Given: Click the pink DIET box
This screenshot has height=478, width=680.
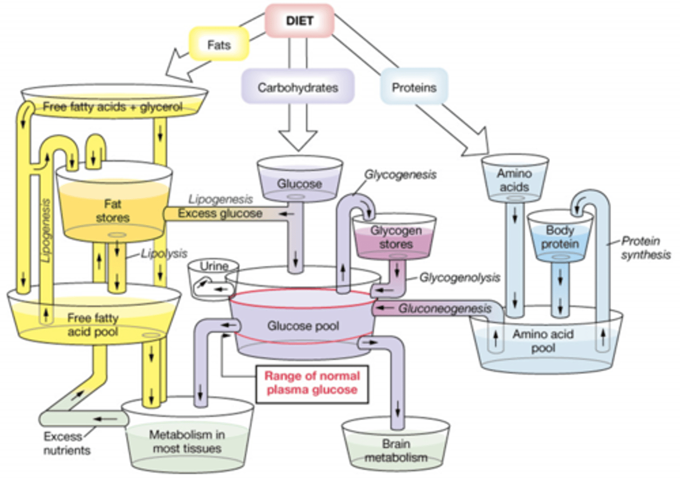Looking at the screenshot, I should coord(299,21).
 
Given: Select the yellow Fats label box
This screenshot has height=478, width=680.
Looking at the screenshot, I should coord(219,45).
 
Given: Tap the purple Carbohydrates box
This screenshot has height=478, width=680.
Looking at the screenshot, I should coord(298,87).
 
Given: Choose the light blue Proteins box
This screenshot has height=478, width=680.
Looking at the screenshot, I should coord(414,87).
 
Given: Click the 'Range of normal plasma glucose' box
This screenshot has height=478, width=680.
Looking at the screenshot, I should coord(312,383).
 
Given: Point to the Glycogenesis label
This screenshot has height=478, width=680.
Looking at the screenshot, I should coord(400,175).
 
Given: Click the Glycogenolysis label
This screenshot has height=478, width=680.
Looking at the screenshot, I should coord(459,277).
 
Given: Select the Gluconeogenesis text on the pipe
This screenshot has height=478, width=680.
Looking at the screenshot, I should coord(444,309).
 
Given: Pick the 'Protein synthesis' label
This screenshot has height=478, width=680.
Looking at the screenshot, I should coord(645,248).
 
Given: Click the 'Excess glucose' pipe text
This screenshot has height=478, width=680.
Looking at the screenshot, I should coord(220,213).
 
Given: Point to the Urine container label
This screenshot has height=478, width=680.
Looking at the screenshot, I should coord(214,266).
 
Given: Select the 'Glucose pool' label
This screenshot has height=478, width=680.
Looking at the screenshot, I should coord(303,326).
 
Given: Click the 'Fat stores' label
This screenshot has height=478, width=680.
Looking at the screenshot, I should coord(112,211).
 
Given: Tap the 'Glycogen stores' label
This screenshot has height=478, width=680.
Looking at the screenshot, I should coord(396,237).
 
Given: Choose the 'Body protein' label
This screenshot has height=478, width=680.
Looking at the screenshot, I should coord(560,237).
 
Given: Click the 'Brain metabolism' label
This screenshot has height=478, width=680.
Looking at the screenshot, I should coord(396,451).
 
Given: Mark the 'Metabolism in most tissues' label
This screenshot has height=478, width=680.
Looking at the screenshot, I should coord(187,441).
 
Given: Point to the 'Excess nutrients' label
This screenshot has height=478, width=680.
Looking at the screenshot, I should coord(67,443).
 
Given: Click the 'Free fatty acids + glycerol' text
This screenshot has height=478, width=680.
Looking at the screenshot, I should coord(112,107).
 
